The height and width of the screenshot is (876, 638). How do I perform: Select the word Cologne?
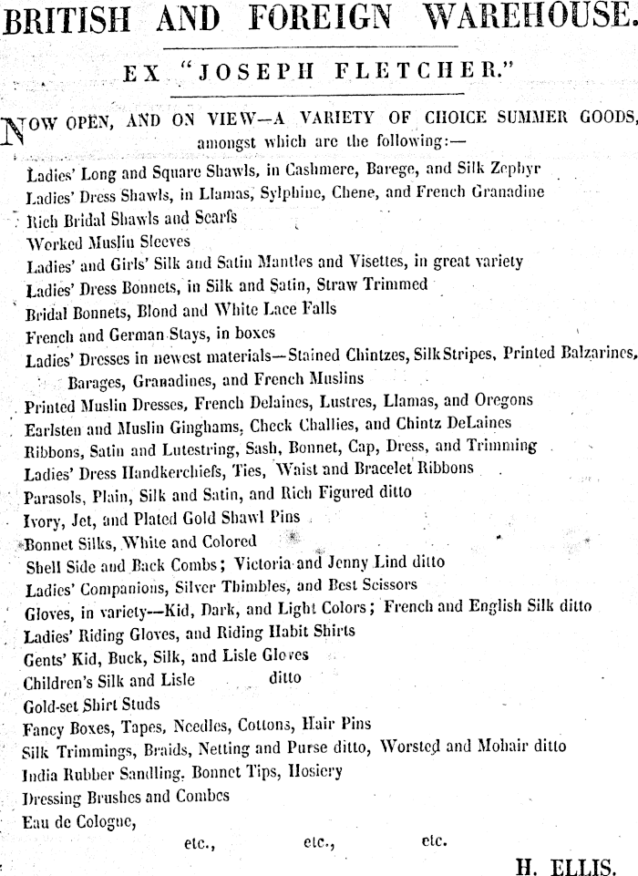coord(96,819)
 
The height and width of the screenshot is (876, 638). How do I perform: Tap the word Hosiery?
coord(314,771)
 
